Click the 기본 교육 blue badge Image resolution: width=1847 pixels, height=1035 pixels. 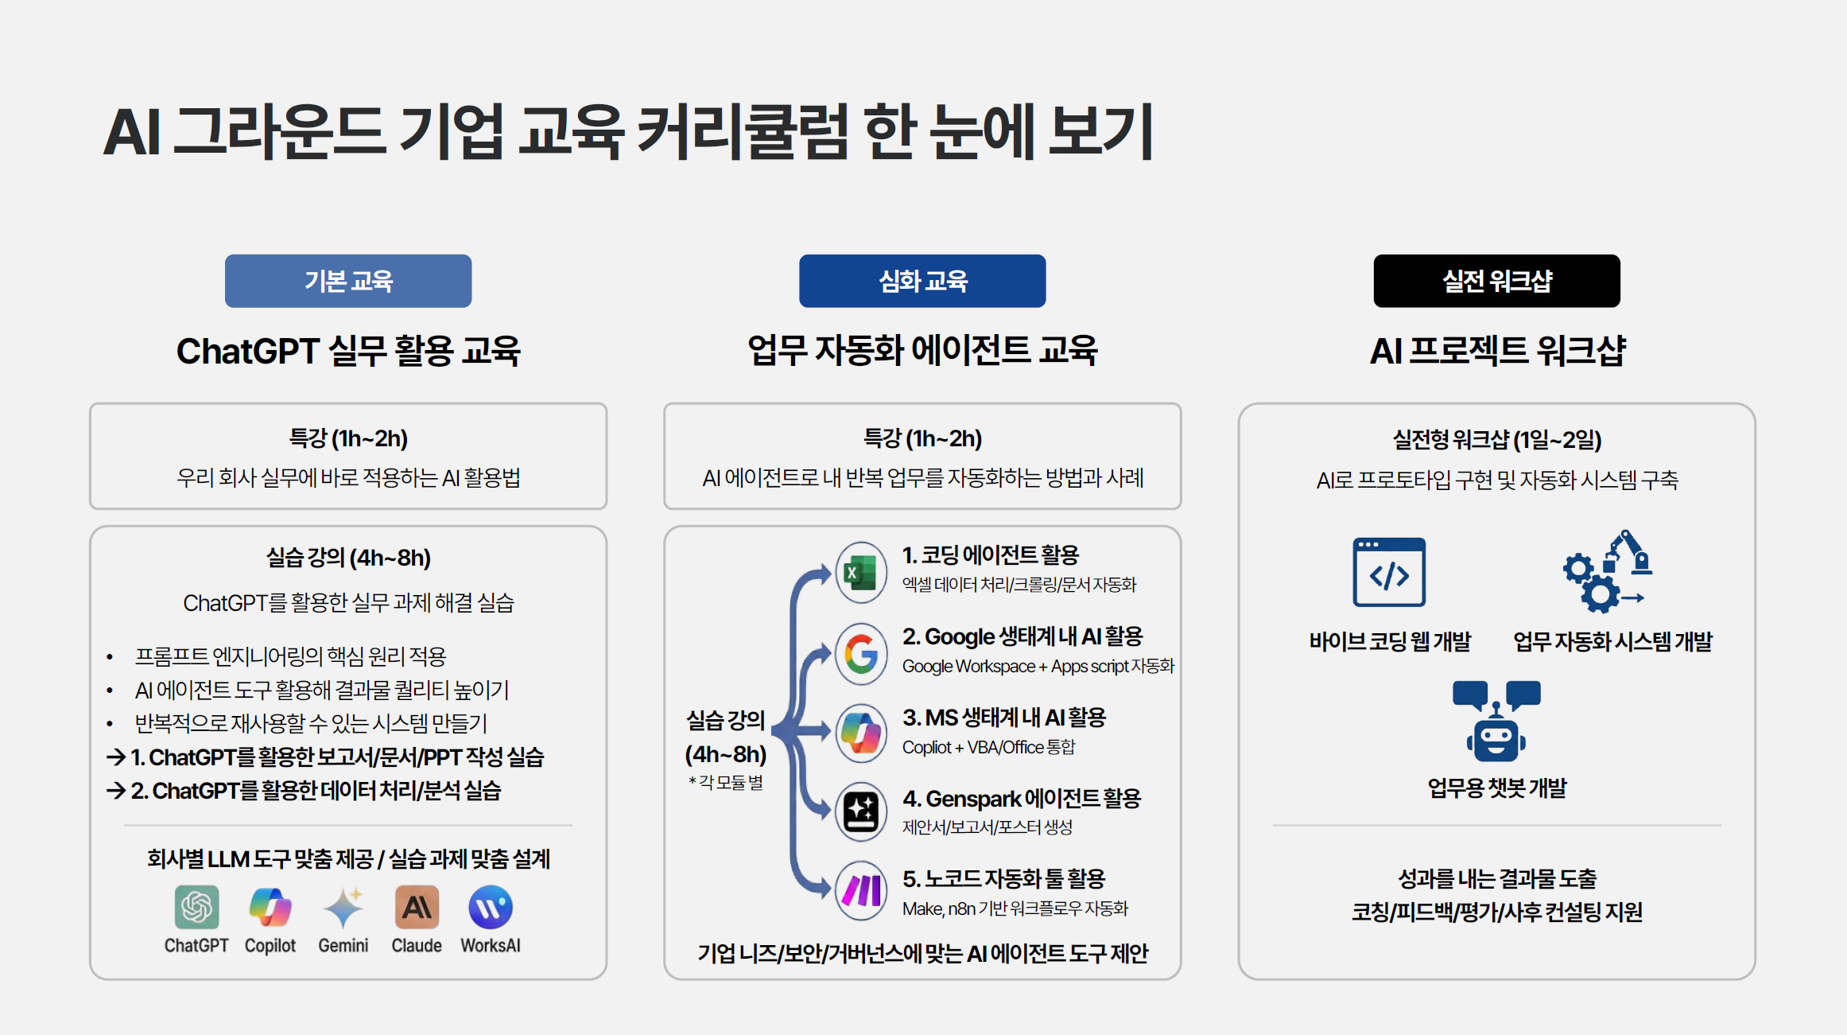click(348, 281)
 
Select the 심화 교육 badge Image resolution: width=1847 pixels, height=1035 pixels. click(922, 281)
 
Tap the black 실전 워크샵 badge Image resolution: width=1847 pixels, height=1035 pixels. click(1496, 281)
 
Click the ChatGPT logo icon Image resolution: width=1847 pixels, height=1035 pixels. click(196, 907)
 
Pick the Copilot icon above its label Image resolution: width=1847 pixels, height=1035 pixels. click(270, 907)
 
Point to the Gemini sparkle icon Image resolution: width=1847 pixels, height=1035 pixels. click(343, 908)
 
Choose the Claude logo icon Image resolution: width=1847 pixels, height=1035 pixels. click(417, 907)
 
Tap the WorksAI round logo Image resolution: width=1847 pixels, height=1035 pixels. click(491, 907)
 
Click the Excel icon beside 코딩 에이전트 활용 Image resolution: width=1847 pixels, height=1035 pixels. click(861, 572)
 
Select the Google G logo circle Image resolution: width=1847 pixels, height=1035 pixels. click(861, 654)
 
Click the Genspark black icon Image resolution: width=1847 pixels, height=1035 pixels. click(861, 811)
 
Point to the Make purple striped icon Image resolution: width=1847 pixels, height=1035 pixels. click(861, 891)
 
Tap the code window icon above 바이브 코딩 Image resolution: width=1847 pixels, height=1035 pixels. click(1389, 572)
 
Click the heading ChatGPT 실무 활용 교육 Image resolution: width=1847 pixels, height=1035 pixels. click(348, 351)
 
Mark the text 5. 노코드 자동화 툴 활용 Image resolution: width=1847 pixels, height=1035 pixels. click(1003, 878)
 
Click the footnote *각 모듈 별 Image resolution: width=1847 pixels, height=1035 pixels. click(726, 783)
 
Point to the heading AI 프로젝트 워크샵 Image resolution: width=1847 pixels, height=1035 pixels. click(1497, 351)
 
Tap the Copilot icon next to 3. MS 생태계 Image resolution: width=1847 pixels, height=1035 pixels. click(861, 733)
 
